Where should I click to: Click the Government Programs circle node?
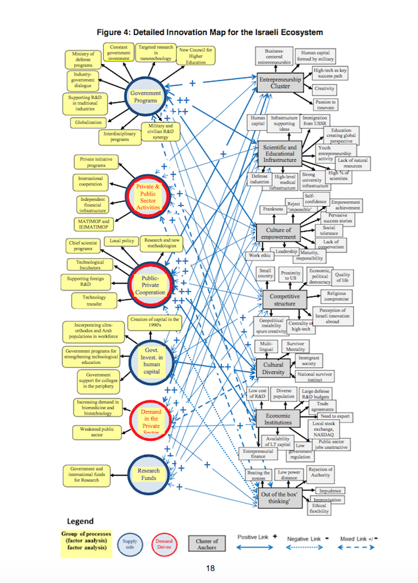[x=146, y=97]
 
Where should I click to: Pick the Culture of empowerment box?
[x=278, y=234]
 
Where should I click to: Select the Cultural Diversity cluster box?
[x=272, y=367]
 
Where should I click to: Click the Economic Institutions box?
[x=276, y=419]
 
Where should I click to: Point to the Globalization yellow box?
[x=88, y=123]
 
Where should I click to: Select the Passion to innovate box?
[x=325, y=104]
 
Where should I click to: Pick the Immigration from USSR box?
[x=315, y=121]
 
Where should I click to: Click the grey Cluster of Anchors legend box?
[x=206, y=543]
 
